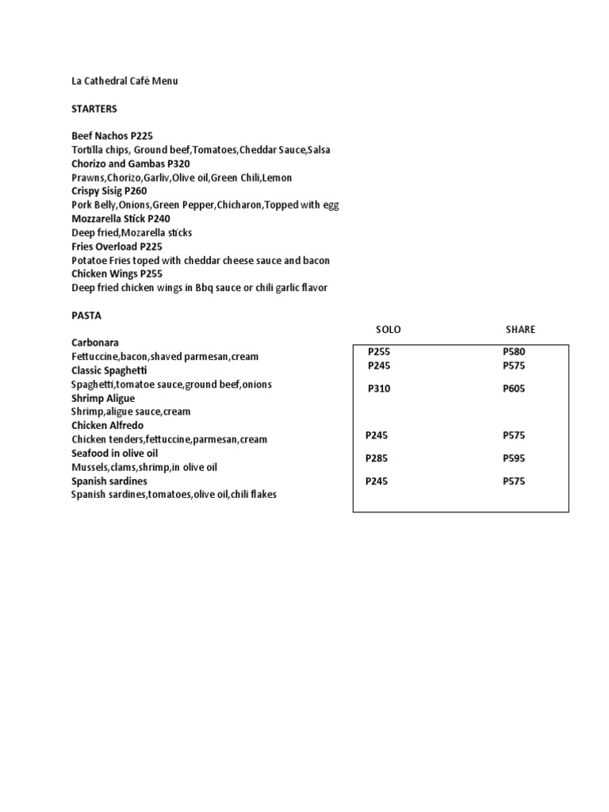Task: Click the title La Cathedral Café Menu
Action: tap(124, 81)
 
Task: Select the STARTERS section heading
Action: tap(94, 109)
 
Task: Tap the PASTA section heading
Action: tap(86, 315)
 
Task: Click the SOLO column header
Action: tap(388, 330)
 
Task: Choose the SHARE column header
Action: tap(520, 330)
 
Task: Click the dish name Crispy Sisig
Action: tap(98, 191)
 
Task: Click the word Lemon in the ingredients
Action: tap(278, 178)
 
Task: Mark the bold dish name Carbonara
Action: tap(95, 343)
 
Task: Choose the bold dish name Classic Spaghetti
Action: tap(109, 370)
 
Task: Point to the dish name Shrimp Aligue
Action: tap(103, 398)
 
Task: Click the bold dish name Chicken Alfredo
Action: tap(108, 426)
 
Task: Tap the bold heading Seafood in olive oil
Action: tap(115, 453)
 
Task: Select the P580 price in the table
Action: tap(514, 352)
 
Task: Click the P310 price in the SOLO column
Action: tap(379, 389)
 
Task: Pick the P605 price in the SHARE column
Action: tap(514, 389)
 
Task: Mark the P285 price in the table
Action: tap(377, 458)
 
